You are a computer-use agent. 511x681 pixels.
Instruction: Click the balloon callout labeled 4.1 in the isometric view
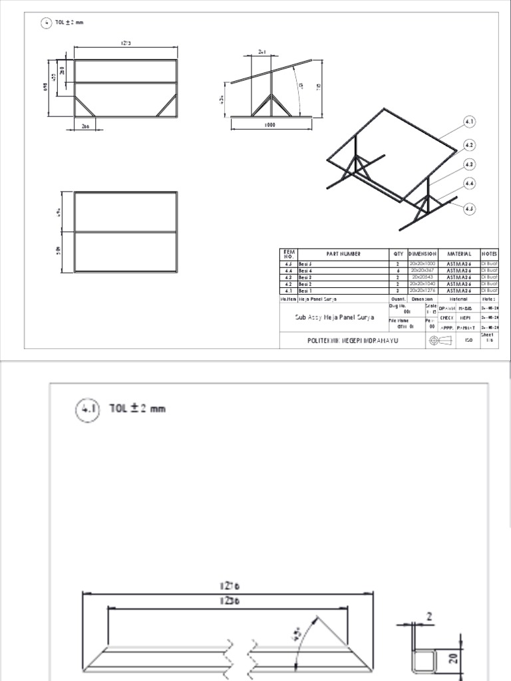469,122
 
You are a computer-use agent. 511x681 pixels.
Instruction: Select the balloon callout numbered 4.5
469,208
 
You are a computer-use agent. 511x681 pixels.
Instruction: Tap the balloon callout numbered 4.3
469,164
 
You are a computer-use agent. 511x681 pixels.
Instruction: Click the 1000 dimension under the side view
270,124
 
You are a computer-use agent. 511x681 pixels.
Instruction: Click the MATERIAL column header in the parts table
459,253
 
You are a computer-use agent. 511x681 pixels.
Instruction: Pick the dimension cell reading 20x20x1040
423,284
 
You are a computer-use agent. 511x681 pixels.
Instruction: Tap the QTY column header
398,253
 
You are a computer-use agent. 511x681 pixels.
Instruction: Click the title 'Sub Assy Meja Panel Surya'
335,317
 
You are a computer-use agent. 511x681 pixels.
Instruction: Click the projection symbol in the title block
436,340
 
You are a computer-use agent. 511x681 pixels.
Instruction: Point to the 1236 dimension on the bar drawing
228,601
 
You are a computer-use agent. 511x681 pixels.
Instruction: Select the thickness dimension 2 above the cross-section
430,616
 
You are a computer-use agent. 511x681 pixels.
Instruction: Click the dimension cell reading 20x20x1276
423,291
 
